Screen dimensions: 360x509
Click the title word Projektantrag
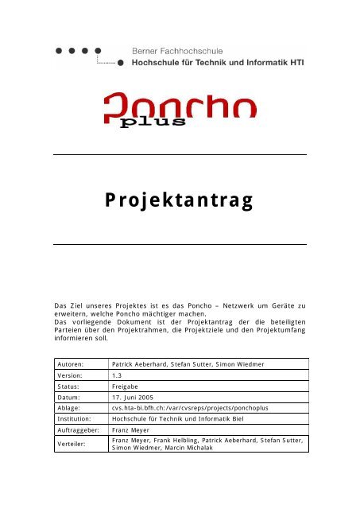click(x=180, y=199)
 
